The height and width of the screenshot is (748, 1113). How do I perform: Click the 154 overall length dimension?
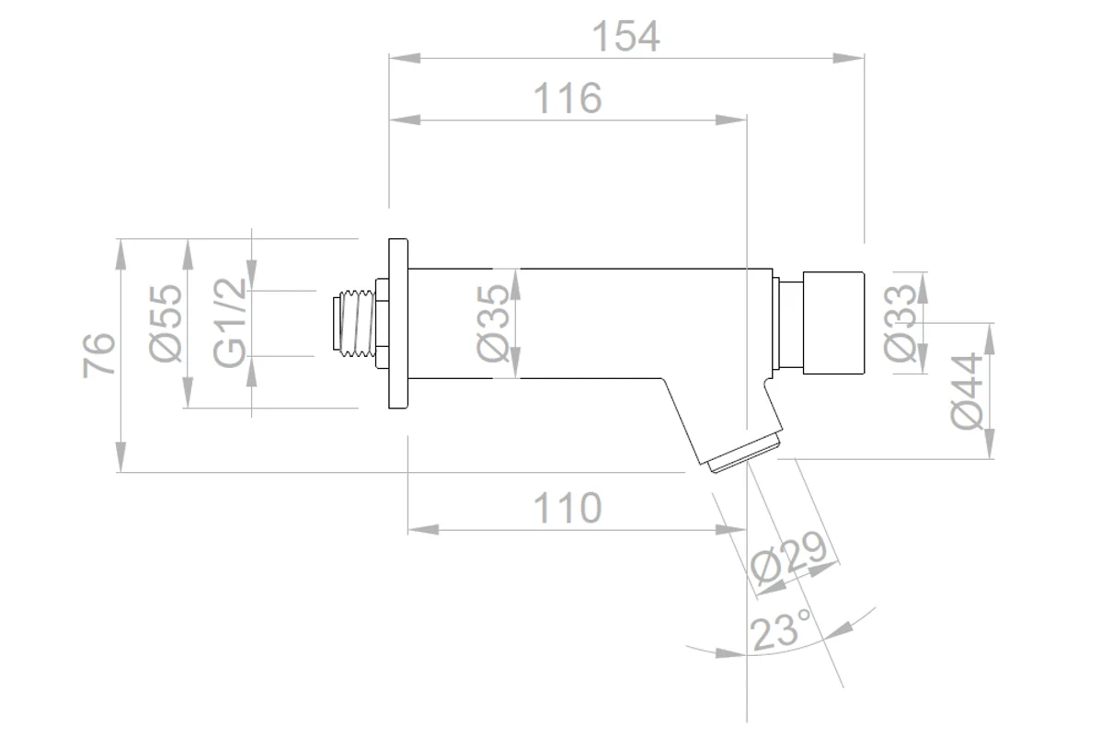point(625,36)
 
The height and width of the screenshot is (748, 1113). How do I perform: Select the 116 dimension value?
point(567,98)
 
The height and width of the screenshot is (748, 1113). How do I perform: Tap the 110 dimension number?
point(567,508)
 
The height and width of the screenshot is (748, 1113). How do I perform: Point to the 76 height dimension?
point(99,355)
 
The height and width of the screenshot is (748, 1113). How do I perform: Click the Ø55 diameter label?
point(166,323)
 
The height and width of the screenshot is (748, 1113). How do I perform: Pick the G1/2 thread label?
point(230,323)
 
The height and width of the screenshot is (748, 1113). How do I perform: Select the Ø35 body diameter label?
point(493,323)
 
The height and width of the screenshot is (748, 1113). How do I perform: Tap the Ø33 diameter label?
point(900,323)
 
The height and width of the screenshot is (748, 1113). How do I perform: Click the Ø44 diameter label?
point(967,391)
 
